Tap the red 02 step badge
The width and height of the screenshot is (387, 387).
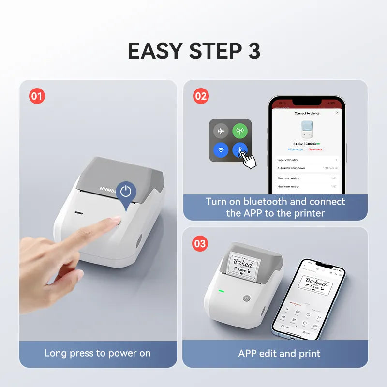point(200,96)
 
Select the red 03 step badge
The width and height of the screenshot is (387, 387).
point(200,244)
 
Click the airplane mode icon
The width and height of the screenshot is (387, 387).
point(221,131)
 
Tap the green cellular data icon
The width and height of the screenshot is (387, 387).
point(240,131)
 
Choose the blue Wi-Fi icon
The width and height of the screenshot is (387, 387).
point(221,150)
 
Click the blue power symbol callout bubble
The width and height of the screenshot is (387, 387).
point(126,192)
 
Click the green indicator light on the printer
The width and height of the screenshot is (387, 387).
point(221,291)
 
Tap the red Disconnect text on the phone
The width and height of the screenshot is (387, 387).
point(315,149)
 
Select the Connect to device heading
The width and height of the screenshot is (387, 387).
point(307,113)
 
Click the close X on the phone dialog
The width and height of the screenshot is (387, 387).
point(337,112)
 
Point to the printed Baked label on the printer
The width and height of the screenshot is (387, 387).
point(243,265)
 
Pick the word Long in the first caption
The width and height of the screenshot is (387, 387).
point(56,353)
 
